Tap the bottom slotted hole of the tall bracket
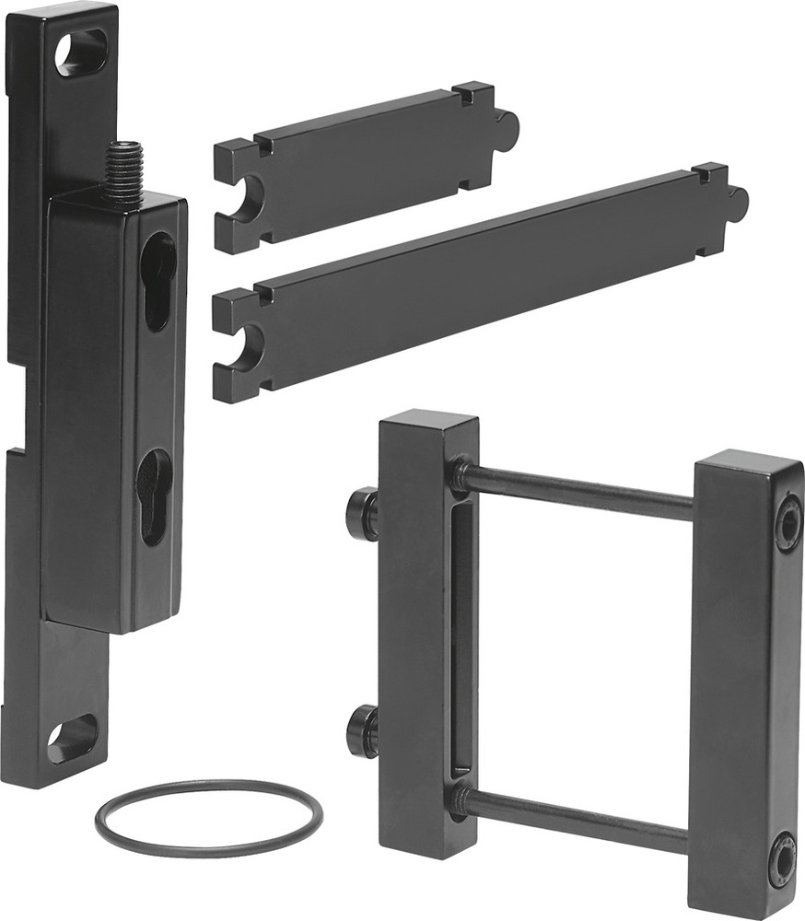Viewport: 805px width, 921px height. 72,739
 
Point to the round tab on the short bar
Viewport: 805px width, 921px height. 507,129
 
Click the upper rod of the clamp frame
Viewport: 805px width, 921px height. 576,491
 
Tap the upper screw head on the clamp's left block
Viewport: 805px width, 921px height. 362,514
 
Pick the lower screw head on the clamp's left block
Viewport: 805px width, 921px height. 362,731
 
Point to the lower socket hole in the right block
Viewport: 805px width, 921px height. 782,857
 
